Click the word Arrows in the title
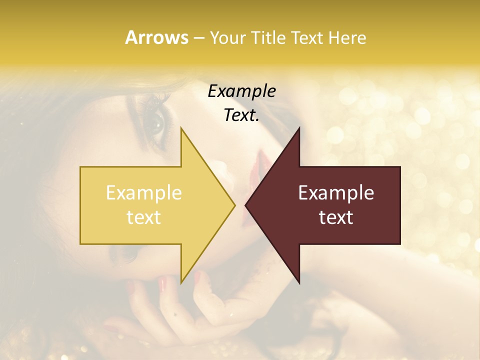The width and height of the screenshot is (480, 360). [156, 37]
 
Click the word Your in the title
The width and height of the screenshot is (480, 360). [228, 38]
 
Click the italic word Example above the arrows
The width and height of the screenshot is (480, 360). [241, 91]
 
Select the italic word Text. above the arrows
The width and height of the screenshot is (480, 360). [241, 115]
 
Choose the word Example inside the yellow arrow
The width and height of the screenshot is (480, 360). [144, 193]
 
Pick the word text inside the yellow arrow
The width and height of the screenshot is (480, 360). [144, 217]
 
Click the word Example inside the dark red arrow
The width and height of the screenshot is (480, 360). [336, 193]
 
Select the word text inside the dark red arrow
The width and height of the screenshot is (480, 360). [336, 217]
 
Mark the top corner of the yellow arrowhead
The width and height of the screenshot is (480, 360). [182, 129]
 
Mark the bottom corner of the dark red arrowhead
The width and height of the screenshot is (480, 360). [299, 282]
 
